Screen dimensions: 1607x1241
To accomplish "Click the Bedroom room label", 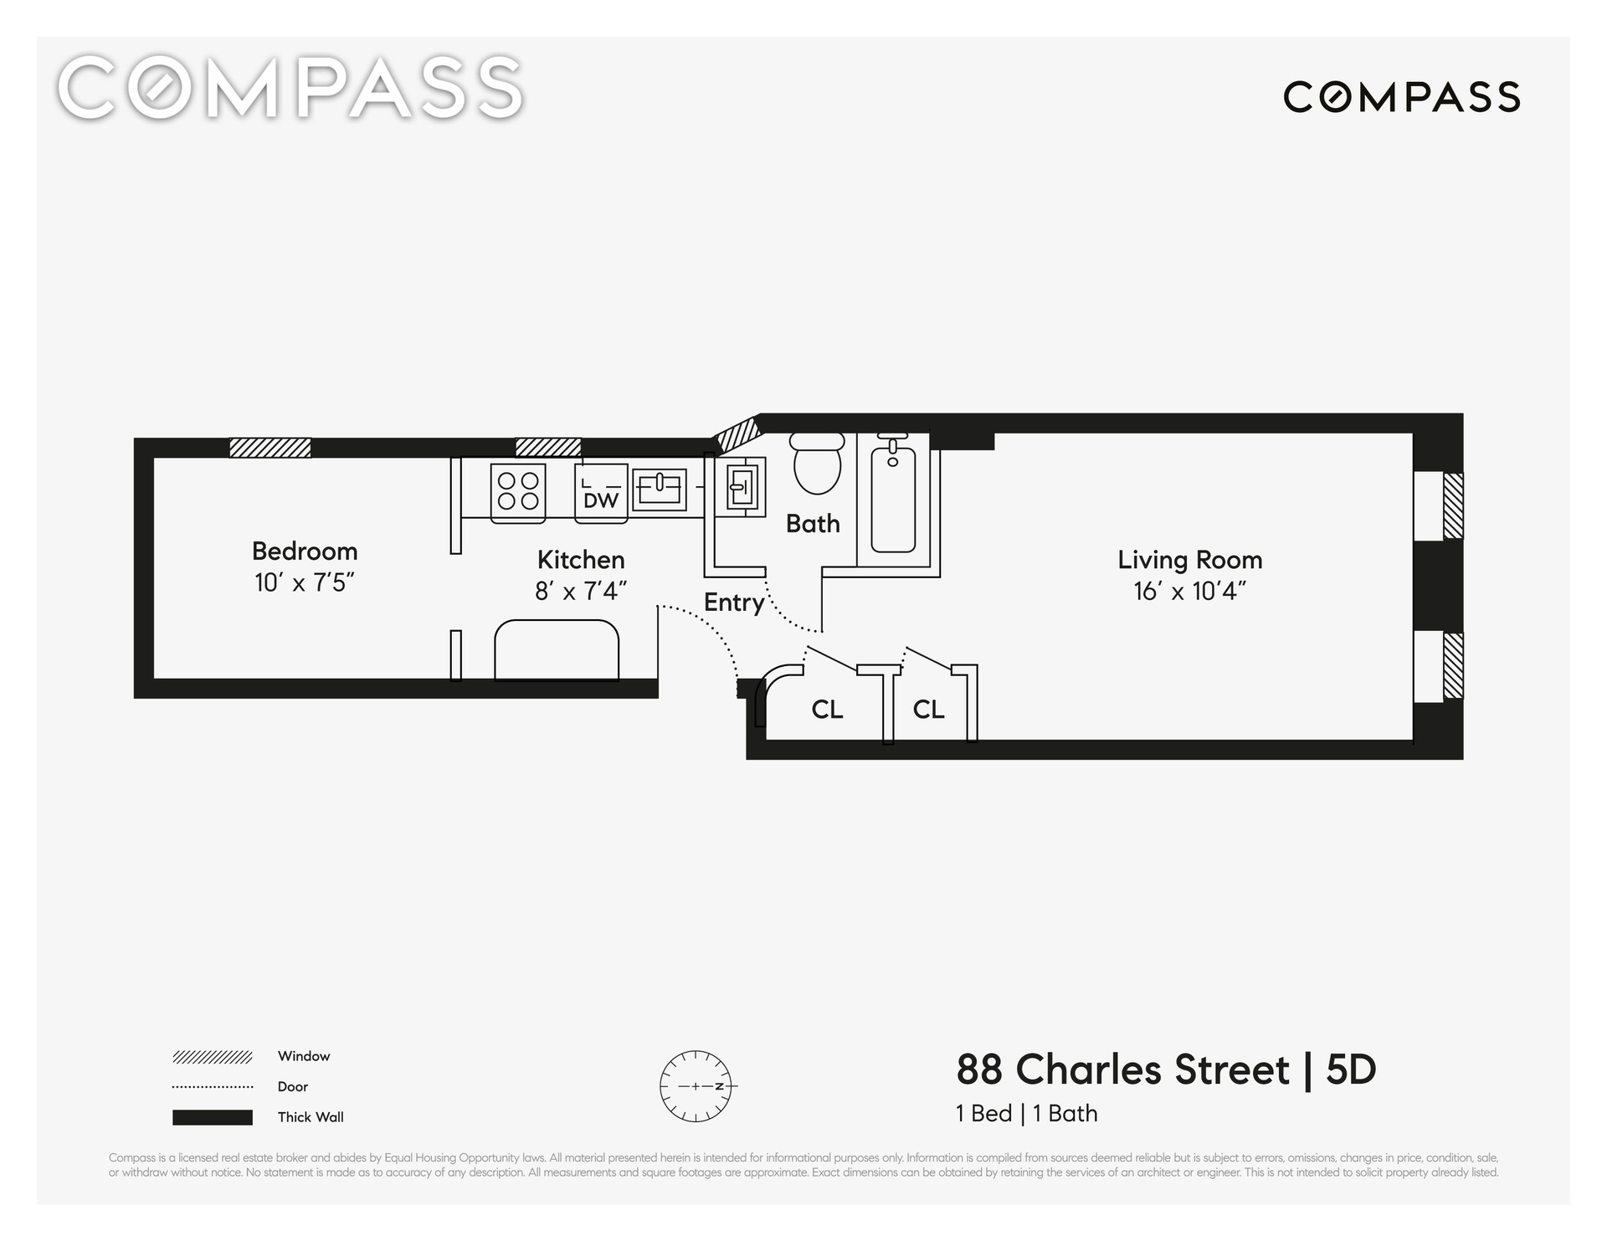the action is coord(305,551).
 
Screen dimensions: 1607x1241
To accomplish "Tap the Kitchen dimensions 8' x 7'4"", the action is coord(581,592).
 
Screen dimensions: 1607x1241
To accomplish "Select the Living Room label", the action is coord(1189,560).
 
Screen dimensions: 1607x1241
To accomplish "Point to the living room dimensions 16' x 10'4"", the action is coord(1189,592).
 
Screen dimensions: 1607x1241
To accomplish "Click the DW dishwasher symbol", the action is coord(601,494).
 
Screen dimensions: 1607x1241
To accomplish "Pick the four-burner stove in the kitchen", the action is coord(518,493).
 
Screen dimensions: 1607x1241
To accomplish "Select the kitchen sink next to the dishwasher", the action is coord(660,490).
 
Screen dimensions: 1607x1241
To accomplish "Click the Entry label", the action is coord(734,603).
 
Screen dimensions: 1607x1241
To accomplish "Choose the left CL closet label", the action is coord(827,710).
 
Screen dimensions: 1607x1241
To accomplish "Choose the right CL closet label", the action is coord(928,710).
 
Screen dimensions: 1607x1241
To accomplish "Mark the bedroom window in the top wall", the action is coord(270,448).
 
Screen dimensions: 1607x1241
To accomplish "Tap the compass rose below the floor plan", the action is coord(696,1086).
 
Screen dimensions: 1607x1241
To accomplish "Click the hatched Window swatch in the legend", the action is coord(213,1057).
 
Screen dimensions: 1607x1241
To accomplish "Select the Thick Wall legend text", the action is coord(311,1117).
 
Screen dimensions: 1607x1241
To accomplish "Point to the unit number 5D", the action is coord(1351,1070).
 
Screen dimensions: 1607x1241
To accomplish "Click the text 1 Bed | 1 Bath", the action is coord(1027,1114).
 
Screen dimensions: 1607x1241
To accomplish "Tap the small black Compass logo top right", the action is coord(1402,97).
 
